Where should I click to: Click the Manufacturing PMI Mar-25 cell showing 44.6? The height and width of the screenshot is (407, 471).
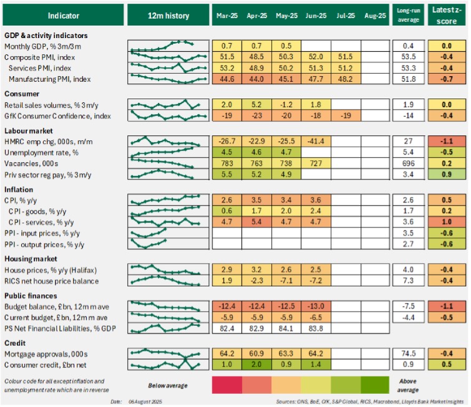226,79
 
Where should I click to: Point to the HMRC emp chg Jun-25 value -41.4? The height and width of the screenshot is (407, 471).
316,140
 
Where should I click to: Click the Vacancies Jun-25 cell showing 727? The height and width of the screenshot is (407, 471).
316,163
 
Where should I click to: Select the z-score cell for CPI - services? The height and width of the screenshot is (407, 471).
447,221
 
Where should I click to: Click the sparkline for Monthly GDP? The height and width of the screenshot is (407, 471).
167,45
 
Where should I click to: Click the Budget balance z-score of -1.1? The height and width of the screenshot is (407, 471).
447,306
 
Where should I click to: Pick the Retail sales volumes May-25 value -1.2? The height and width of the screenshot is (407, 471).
286,105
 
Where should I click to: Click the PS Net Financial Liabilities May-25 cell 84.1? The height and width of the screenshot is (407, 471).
286,328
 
